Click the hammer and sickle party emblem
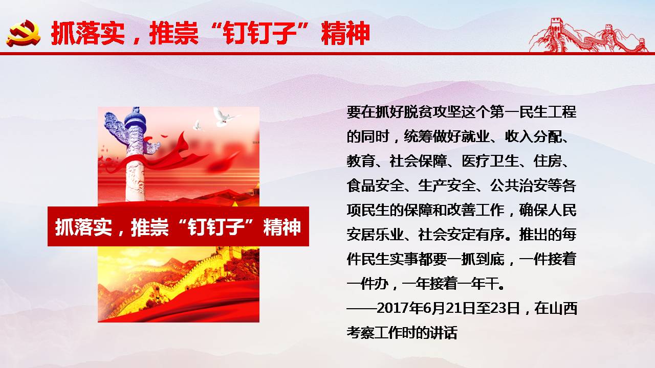(x=24, y=33)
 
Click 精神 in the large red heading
(x=345, y=33)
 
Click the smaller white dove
(x=198, y=126)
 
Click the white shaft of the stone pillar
(x=135, y=178)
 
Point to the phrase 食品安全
(x=375, y=186)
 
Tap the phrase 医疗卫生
(x=490, y=161)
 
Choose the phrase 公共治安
(x=518, y=186)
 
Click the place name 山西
(x=563, y=308)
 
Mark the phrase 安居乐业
(x=375, y=235)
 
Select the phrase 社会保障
(x=418, y=161)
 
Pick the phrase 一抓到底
(x=475, y=259)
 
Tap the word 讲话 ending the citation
(x=443, y=333)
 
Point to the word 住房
(x=548, y=161)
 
